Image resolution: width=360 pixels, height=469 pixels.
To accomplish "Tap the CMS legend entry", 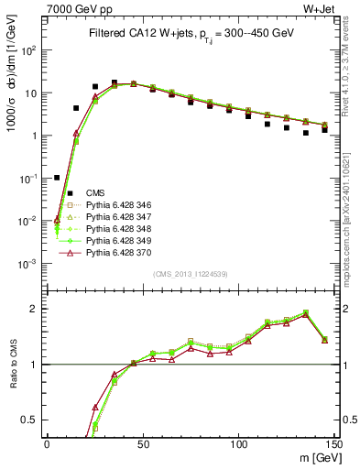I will pyautogui.click(x=95, y=192).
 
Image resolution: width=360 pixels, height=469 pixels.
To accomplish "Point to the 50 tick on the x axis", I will pyautogui.click(x=142, y=443).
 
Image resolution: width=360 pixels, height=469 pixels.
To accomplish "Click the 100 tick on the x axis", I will pyautogui.click(x=238, y=443).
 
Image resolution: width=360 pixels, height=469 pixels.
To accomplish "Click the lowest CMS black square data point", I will pyautogui.click(x=57, y=178).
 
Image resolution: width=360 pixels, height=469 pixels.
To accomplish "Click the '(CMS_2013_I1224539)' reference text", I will pyautogui.click(x=190, y=272).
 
